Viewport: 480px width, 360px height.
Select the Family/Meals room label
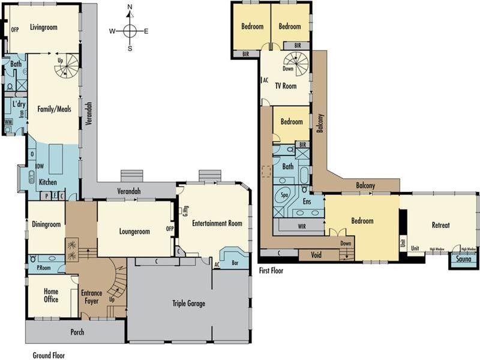click(x=55, y=110)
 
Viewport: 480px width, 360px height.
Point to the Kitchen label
click(x=48, y=182)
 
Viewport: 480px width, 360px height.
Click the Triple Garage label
click(x=188, y=304)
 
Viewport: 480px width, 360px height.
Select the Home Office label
click(x=51, y=295)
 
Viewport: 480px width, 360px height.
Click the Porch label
click(x=77, y=332)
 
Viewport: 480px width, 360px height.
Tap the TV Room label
click(x=286, y=86)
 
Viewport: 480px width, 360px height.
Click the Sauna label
click(x=462, y=260)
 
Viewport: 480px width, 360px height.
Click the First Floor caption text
click(x=272, y=271)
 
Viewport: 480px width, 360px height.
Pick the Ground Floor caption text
click(x=48, y=355)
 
